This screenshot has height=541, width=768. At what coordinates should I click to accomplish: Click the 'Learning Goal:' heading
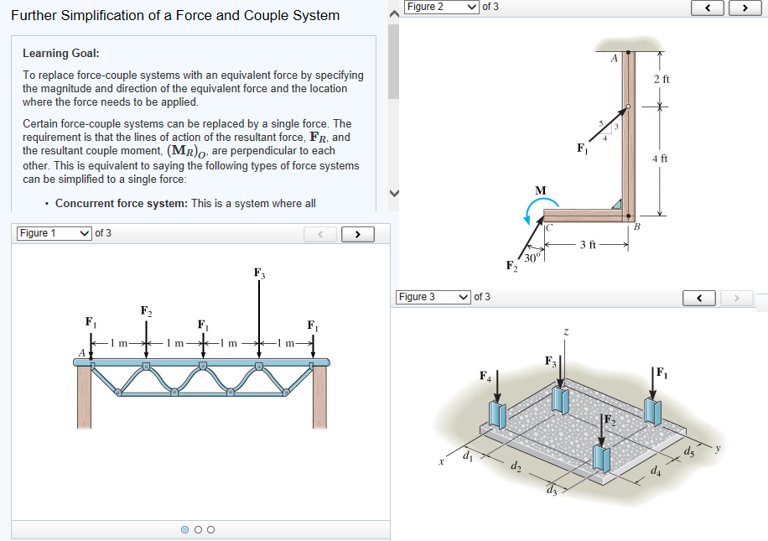click(x=61, y=53)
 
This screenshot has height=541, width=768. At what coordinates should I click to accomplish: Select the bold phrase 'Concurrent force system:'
click(x=122, y=203)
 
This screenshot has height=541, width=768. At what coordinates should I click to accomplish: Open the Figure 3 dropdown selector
click(x=433, y=297)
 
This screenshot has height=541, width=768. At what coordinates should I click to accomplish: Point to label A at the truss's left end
click(x=81, y=352)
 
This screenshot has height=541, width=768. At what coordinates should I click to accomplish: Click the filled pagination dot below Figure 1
click(x=184, y=529)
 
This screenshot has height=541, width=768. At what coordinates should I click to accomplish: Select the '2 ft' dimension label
click(x=661, y=79)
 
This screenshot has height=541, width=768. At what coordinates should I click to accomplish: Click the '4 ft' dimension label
click(x=661, y=159)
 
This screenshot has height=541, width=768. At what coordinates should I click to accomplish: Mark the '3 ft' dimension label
click(x=588, y=245)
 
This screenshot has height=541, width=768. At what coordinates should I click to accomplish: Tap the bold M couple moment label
click(x=541, y=190)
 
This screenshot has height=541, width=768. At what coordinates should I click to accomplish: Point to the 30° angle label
click(x=530, y=257)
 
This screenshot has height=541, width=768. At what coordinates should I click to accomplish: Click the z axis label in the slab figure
click(x=567, y=333)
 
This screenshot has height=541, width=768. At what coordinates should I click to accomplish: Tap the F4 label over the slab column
click(x=485, y=375)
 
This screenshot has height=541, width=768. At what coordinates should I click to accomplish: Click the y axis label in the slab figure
click(x=717, y=450)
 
